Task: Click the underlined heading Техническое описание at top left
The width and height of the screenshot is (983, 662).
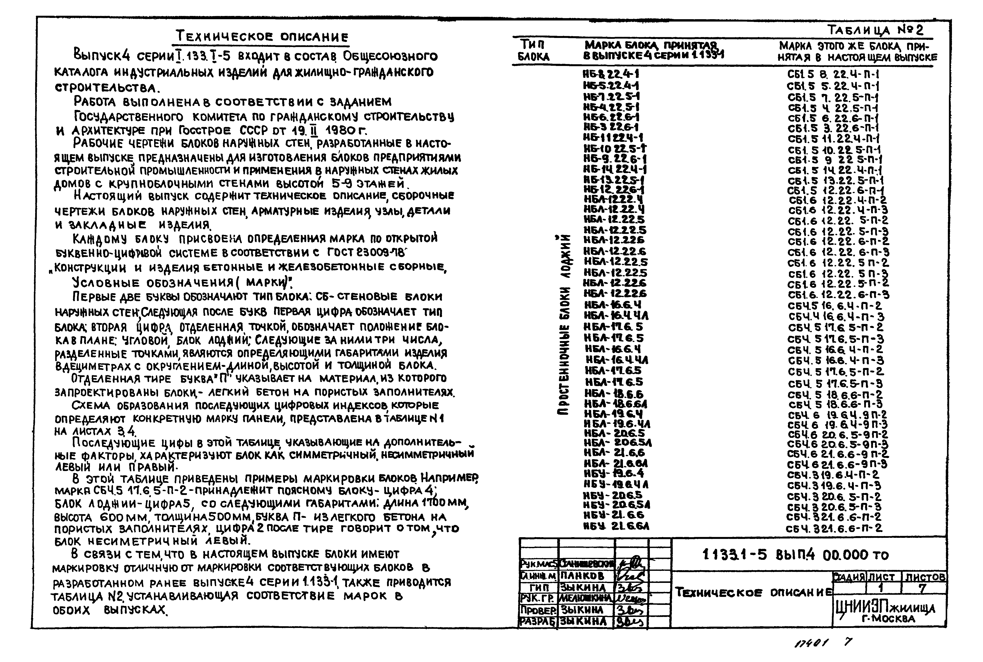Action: pos(262,37)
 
